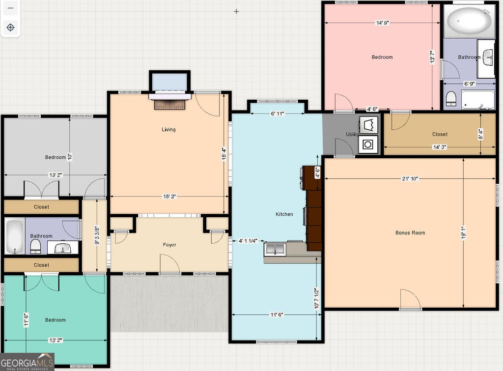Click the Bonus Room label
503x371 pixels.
(x=410, y=233)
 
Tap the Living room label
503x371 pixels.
(x=168, y=129)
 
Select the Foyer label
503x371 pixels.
(x=169, y=245)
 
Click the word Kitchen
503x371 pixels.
(x=284, y=214)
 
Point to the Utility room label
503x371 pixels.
(x=352, y=134)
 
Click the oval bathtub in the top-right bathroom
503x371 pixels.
(x=469, y=21)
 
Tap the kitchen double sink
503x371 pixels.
(x=275, y=249)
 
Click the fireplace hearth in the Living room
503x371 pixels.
(x=170, y=104)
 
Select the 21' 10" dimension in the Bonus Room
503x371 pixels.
(x=410, y=178)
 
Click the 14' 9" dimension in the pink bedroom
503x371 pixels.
(x=382, y=23)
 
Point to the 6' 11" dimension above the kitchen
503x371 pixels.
(x=277, y=114)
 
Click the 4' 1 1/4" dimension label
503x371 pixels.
(x=248, y=241)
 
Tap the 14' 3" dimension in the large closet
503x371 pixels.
(x=440, y=147)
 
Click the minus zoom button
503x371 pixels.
(x=11, y=8)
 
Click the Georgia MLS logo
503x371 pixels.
(x=27, y=362)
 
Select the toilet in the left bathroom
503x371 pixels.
(x=35, y=247)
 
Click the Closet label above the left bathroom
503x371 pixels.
(x=41, y=207)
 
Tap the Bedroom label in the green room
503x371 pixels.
(x=56, y=320)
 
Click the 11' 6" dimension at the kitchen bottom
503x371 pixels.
(x=277, y=314)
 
